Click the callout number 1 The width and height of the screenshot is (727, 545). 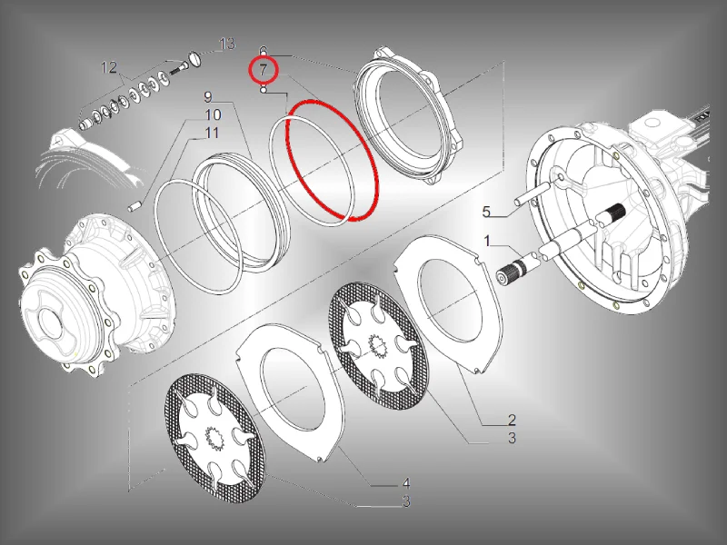click(487, 241)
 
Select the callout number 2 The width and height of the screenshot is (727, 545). click(512, 420)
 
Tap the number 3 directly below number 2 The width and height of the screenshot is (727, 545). click(512, 438)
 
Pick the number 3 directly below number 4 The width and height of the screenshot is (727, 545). click(406, 501)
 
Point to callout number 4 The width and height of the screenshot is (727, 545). click(406, 484)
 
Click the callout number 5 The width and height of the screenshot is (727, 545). click(486, 212)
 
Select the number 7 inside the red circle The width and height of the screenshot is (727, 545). click(263, 70)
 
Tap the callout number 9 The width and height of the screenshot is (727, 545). click(208, 97)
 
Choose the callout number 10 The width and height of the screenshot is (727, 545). click(213, 115)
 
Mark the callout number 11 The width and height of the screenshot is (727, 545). click(212, 133)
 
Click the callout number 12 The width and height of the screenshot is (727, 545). click(109, 67)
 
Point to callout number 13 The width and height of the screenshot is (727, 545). click(227, 44)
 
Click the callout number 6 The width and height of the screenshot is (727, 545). click(263, 51)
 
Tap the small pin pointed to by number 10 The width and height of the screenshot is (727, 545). click(134, 205)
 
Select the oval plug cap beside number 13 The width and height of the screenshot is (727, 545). click(194, 59)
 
